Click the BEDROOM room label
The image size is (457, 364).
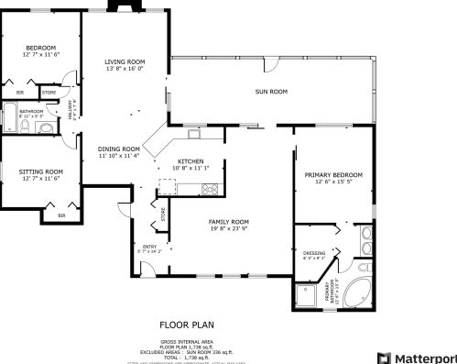(x=40, y=48)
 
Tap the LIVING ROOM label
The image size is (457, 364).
(x=125, y=61)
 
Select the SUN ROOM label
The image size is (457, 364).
(x=271, y=92)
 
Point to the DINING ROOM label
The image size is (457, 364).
(x=119, y=149)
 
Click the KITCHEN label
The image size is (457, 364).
(x=190, y=161)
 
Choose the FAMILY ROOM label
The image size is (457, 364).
(x=229, y=222)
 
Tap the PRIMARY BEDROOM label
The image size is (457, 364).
(x=333, y=174)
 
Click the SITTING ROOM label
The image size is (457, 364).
(x=40, y=171)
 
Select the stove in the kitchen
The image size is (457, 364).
(x=210, y=190)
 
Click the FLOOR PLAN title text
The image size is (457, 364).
(x=187, y=324)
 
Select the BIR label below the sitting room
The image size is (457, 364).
(x=61, y=215)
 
